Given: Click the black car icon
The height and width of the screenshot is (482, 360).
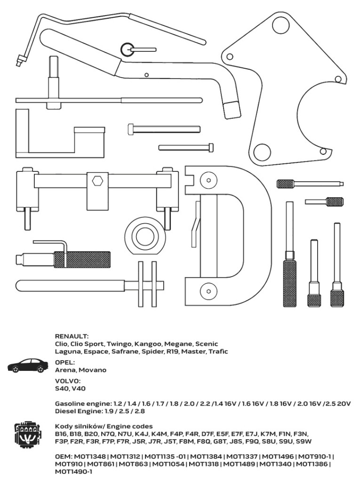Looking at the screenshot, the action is (x=28, y=366).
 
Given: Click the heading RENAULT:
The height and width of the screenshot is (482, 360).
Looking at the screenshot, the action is (x=72, y=336).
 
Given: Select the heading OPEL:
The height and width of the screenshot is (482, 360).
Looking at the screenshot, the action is (x=65, y=362).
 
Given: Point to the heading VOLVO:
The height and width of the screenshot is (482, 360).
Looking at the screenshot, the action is (x=68, y=381).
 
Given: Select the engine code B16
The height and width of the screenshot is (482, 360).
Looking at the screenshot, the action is (x=61, y=434).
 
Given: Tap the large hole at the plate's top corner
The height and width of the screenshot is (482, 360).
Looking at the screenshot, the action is (x=280, y=24).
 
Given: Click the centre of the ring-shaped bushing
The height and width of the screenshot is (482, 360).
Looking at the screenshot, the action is (x=145, y=235).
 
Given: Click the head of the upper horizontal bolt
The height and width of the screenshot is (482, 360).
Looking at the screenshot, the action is (x=131, y=129).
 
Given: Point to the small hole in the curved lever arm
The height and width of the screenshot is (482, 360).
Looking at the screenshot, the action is (x=147, y=75).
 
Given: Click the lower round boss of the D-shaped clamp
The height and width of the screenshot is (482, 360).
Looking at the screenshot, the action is (x=209, y=290).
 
